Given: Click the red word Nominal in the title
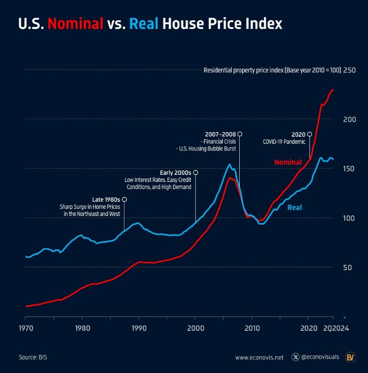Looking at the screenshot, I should [x=75, y=24].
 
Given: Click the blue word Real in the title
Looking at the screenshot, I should [x=144, y=24].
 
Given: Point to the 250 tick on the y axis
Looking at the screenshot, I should [x=349, y=70].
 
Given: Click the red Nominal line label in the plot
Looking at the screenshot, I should [x=288, y=163].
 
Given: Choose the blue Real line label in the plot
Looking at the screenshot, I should [x=295, y=207].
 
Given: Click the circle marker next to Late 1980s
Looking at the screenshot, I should [x=125, y=199].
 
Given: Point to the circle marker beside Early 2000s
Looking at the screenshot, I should [x=196, y=173].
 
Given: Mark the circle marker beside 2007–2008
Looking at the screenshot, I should [x=240, y=134].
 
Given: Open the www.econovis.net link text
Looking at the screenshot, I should [x=259, y=357].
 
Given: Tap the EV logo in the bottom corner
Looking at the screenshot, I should [x=350, y=357].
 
